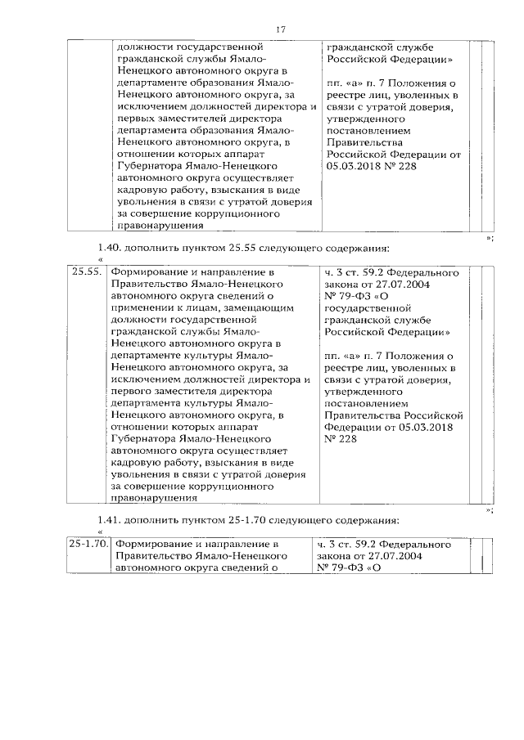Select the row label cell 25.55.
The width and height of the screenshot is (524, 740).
tap(86, 272)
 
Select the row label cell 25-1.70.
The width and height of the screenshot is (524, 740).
tap(88, 544)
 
